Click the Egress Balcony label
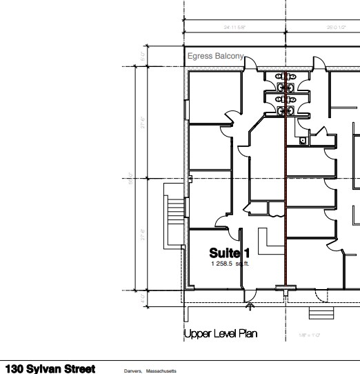click(215, 56)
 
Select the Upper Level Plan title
click(221, 334)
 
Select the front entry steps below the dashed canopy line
click(319, 313)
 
